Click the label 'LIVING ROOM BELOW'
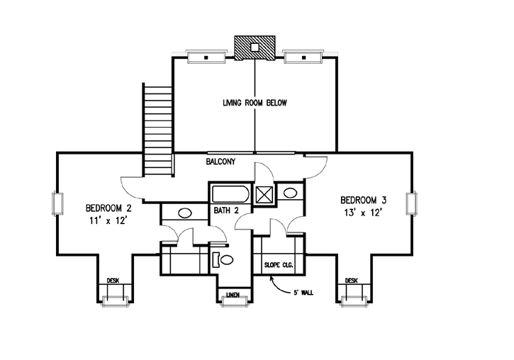[254, 103]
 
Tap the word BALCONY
[220, 162]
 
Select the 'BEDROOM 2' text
[108, 208]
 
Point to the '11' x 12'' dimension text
[108, 222]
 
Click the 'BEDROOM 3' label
[364, 200]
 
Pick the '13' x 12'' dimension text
[363, 213]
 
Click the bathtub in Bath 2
[230, 194]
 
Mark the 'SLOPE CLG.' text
[279, 266]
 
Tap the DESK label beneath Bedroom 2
[113, 281]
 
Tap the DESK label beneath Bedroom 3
[352, 281]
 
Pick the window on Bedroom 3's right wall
[410, 203]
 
